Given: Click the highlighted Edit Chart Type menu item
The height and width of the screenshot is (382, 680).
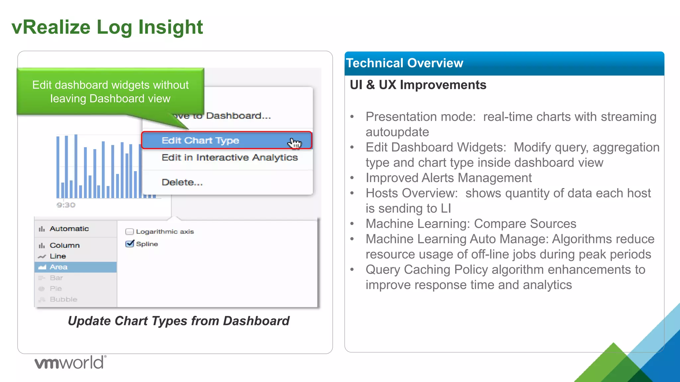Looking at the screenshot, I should point(200,141).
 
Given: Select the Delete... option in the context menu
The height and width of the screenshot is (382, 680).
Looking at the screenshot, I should point(182,182).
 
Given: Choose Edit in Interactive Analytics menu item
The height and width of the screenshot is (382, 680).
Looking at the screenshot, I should point(229,158).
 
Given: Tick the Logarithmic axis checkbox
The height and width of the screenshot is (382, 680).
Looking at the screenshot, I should point(130,232).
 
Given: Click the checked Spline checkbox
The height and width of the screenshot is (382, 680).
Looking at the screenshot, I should point(130,244).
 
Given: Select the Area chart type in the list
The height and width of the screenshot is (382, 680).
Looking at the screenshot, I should point(58,267).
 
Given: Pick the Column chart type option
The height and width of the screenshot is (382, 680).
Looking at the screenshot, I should point(64,245).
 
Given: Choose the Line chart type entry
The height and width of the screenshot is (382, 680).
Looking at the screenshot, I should point(58,256).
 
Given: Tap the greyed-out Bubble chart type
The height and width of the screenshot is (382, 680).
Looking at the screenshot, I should point(63,299).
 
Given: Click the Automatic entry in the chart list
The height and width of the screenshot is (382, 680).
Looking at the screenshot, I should point(69,229).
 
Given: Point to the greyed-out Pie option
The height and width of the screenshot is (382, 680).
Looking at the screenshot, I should point(55,289).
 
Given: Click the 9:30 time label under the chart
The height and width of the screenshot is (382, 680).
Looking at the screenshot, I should point(66,205).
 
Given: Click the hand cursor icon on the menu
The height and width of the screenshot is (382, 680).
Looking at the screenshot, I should point(295,143).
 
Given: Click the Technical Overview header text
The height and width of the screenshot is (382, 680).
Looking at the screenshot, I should point(404,63).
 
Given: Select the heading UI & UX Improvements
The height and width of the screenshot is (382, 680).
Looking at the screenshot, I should point(418,85).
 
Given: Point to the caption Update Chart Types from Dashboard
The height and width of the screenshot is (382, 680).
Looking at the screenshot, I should point(179,321).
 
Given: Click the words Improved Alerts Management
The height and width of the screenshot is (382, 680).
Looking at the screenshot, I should point(449,178).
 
